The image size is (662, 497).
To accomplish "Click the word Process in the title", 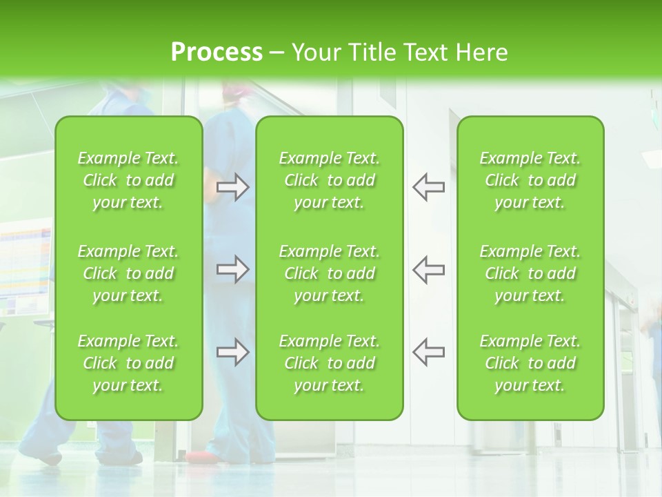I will click(217, 52).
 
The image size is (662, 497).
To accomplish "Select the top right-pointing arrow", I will click(233, 187).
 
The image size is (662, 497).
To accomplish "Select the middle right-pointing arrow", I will click(233, 269).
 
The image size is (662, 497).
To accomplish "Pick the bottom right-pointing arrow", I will click(233, 352).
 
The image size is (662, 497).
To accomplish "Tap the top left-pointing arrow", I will click(428, 187).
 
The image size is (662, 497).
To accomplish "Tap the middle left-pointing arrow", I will click(428, 269).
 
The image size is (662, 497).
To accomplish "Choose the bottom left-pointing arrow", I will click(428, 352).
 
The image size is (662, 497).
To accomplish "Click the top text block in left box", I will click(128, 180).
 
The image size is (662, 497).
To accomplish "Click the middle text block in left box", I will click(128, 273).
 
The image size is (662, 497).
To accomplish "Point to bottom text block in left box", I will click(128, 363).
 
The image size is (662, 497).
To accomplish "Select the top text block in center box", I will click(330, 180).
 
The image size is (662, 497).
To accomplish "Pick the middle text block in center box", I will click(330, 273).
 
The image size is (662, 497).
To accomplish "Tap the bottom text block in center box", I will click(330, 363).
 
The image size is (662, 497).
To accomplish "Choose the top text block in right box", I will click(530, 180).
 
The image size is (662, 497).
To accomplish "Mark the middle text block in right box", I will click(530, 273).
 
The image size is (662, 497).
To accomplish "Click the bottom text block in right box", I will click(530, 363).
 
